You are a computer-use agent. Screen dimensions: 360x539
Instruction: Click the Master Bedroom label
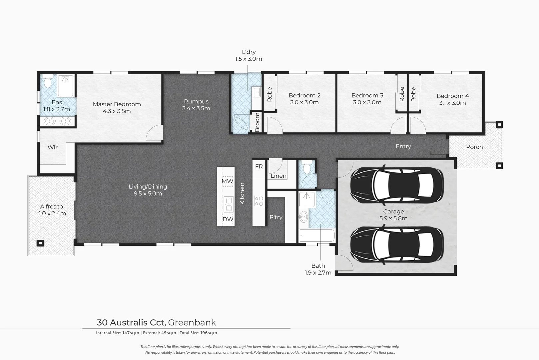coord(117,104)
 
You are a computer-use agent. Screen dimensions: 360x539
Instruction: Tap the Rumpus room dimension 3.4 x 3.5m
coord(196,108)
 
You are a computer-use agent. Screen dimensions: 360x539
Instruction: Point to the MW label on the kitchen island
coord(228,181)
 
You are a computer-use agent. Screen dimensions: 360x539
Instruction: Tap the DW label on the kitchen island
coord(228,219)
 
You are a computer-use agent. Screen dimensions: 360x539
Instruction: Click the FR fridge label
coord(259,166)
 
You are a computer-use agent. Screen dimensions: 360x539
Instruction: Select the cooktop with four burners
coord(259,201)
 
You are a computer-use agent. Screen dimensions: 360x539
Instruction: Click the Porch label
coord(474,147)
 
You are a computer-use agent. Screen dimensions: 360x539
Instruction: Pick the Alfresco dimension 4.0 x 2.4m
coord(52,213)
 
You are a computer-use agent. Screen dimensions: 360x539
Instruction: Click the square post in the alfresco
coord(40,243)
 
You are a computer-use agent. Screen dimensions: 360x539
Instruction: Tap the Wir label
coord(53,147)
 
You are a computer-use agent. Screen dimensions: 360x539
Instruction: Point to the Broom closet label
coord(257,122)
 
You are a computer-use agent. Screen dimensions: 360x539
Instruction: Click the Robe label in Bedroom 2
coord(270,94)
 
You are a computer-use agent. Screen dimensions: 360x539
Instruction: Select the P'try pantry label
coord(276,217)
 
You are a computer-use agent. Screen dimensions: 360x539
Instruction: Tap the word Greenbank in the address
coord(192,322)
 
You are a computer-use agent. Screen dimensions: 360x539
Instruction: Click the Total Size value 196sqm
coord(209,333)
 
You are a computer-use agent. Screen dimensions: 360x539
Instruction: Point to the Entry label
coord(403,146)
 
